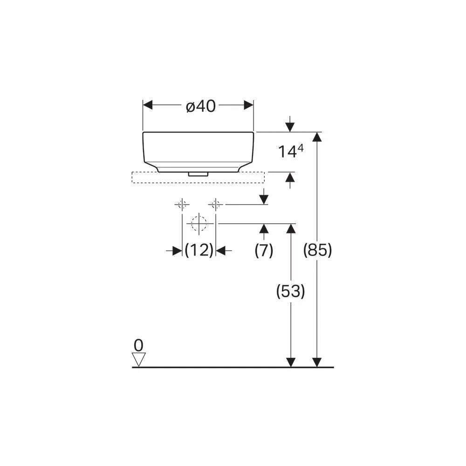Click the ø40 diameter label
tap(200, 106)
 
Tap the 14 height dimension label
tap(288, 151)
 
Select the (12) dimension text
tap(199, 250)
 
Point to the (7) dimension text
tap(264, 250)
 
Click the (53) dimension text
tap(291, 291)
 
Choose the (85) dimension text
tap(317, 250)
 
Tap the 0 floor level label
tap(138, 345)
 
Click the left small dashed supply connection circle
tap(182, 205)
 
